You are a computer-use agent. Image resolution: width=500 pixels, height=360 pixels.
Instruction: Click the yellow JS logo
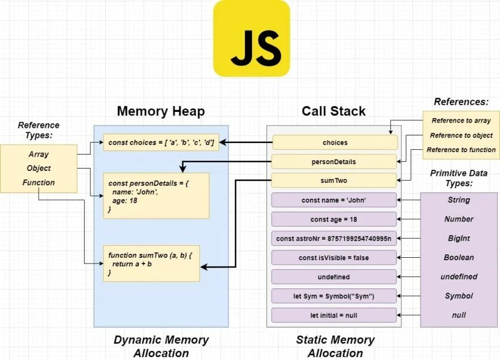point(252,39)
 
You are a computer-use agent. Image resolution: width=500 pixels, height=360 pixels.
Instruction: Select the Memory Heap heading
point(161,111)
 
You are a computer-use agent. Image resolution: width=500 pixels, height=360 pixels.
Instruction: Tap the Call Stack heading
point(334,111)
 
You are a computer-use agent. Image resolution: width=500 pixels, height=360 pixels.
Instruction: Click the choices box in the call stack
point(335,143)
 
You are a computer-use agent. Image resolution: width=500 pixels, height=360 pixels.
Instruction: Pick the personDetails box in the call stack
point(334,161)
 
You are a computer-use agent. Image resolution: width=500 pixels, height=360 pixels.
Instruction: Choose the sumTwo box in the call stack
point(334,181)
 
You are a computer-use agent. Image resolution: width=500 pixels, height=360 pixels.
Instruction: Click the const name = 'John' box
point(334,200)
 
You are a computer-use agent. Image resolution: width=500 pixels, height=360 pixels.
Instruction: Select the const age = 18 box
point(334,219)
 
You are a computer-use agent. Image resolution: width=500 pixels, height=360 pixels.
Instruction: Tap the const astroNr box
point(334,238)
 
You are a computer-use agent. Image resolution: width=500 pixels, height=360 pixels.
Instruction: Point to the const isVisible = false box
point(334,257)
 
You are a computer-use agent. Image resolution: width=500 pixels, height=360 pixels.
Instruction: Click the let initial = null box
point(334,315)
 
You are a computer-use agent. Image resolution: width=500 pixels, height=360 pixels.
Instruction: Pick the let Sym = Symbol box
point(334,296)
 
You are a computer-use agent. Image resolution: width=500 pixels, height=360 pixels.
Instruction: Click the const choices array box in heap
point(161,143)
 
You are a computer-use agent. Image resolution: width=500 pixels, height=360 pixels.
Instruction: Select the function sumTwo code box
point(152,263)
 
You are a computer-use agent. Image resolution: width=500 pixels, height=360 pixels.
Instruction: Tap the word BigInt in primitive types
point(459,238)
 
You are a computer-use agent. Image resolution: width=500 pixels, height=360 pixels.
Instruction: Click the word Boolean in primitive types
point(459,257)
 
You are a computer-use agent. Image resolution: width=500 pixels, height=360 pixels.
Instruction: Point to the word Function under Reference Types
point(39,182)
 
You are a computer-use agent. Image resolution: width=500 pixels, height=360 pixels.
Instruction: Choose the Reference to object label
point(461,135)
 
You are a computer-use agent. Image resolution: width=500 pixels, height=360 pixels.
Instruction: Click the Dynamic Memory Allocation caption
point(161,346)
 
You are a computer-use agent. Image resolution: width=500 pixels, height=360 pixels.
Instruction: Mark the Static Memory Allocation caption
point(335,346)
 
